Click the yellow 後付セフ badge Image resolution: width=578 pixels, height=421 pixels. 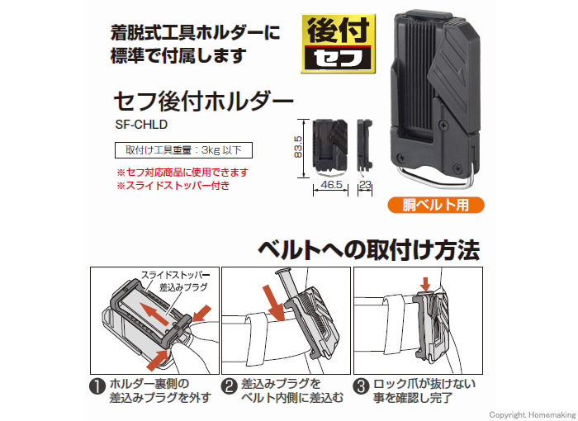(x=338, y=44)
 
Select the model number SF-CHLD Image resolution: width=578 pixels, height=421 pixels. (x=141, y=124)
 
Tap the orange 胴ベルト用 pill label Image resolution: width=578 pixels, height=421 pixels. (x=436, y=205)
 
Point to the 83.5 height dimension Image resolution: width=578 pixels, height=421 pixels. (x=298, y=147)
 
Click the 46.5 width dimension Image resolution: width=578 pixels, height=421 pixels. (x=331, y=184)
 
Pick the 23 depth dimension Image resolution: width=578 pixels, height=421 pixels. (x=365, y=184)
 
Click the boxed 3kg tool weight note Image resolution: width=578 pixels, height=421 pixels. (x=183, y=150)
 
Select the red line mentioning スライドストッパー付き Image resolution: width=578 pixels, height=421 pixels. (x=173, y=185)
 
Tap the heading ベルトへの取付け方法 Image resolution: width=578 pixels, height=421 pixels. (x=369, y=250)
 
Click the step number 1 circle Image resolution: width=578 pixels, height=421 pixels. (x=97, y=386)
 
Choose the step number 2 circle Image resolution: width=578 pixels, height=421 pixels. (x=230, y=386)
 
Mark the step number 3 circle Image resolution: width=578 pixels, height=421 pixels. (x=362, y=386)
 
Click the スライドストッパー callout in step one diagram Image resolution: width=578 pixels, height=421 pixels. (x=175, y=275)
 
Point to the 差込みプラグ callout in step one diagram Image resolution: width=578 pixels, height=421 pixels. (x=183, y=287)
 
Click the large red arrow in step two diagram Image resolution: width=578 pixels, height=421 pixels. (x=274, y=302)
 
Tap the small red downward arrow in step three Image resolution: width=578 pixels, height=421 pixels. (x=426, y=284)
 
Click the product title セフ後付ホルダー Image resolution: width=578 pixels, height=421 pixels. (x=204, y=102)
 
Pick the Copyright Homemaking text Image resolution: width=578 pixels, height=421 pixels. (x=533, y=414)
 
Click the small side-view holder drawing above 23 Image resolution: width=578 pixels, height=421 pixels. (x=365, y=145)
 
